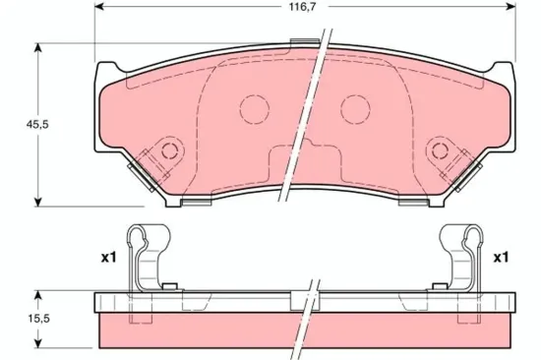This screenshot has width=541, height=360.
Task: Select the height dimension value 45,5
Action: pyautogui.click(x=16, y=126)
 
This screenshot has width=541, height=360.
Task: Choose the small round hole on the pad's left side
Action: pyautogui.click(x=168, y=151)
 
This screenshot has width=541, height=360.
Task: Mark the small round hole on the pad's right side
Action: pyautogui.click(x=439, y=151)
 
